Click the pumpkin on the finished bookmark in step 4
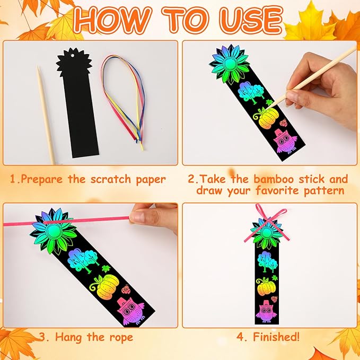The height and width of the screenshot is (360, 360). coord(265,287)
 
